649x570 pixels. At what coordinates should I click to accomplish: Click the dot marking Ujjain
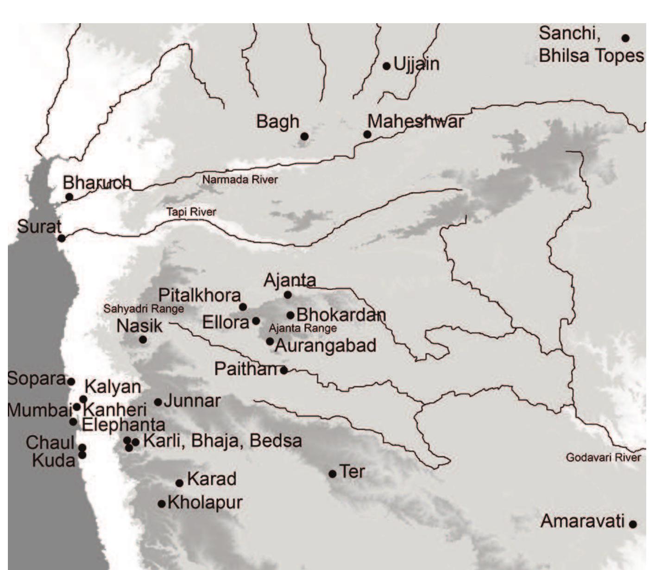[386, 66]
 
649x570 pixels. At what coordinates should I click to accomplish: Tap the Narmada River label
[240, 180]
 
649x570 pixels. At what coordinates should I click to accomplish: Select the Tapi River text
[191, 212]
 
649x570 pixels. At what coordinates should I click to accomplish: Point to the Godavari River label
[603, 458]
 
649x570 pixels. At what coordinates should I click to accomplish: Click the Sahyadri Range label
[144, 309]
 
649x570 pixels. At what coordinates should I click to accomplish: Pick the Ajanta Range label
[302, 328]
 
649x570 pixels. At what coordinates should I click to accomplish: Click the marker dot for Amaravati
[632, 524]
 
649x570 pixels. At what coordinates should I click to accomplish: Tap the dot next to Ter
[332, 474]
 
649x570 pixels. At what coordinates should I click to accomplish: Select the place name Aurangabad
[325, 346]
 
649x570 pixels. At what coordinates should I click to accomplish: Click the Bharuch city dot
[69, 196]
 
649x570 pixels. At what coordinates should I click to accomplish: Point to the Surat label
[39, 227]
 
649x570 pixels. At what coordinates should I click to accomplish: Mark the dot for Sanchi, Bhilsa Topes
[625, 38]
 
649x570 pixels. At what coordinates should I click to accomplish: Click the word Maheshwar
[416, 121]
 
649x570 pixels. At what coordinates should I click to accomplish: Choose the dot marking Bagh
[304, 136]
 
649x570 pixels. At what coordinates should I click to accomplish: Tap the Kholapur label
[205, 502]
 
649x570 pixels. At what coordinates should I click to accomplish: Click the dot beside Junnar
[158, 402]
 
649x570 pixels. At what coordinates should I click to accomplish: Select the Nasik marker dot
[143, 340]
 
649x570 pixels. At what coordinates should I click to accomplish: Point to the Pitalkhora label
[200, 296]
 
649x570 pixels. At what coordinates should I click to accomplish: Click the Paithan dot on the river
[284, 370]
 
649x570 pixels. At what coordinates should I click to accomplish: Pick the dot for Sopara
[71, 381]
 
